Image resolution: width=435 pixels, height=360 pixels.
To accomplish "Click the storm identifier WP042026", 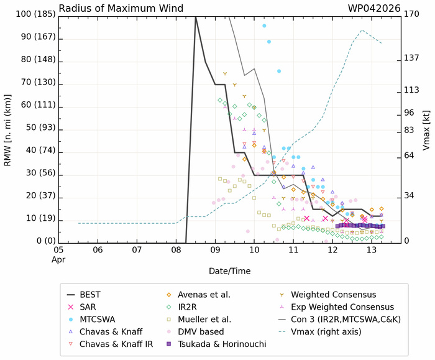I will tap(372, 8).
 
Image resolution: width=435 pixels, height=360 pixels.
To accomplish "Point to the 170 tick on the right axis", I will tap(411, 13).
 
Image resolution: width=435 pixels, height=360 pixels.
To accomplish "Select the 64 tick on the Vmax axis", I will tap(409, 155).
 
